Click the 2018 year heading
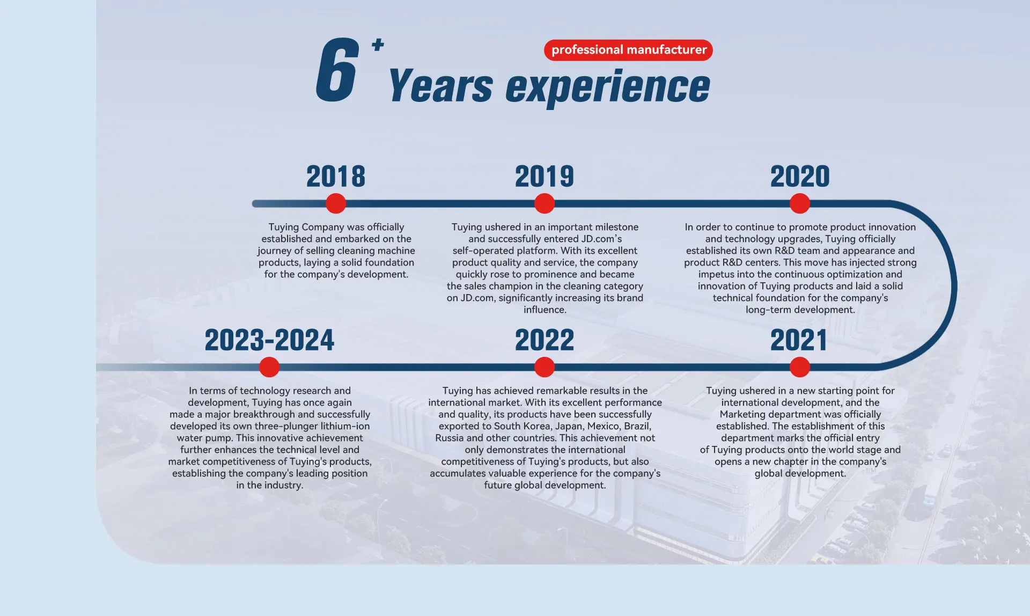[x=336, y=177]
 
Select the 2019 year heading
[x=545, y=177]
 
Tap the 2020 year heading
[x=800, y=177]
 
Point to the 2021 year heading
[x=799, y=340]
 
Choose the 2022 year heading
[x=545, y=340]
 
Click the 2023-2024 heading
[x=269, y=340]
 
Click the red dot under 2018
[x=336, y=204]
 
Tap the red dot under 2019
[x=545, y=204]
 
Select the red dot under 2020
[x=800, y=204]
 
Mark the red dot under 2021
[x=800, y=368]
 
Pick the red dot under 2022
[x=545, y=368]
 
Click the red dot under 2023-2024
[x=269, y=368]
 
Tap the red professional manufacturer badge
[x=628, y=50]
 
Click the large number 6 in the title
[x=337, y=70]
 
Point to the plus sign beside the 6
[x=378, y=45]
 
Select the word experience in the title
[x=608, y=87]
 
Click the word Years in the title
[x=440, y=86]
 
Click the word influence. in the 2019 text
[x=545, y=310]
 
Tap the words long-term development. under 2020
[x=800, y=310]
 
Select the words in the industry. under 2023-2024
[x=270, y=485]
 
